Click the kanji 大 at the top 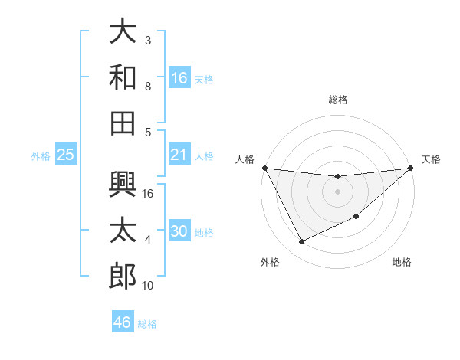tap(123, 31)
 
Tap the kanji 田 tap(123, 123)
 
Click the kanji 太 tap(123, 231)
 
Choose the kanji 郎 tap(123, 276)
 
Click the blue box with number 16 tap(179, 77)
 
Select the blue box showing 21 tap(179, 155)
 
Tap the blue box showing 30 tap(179, 231)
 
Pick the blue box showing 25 tap(65, 155)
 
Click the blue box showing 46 tap(122, 322)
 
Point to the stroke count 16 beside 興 tap(149, 194)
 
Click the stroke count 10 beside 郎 tap(149, 286)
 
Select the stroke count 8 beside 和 tap(148, 87)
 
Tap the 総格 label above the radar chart tap(337, 100)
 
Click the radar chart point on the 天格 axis tap(410, 168)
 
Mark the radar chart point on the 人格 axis tap(264, 168)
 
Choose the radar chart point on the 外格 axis tap(301, 242)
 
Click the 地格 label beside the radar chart tap(402, 262)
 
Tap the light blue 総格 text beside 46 tap(147, 324)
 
